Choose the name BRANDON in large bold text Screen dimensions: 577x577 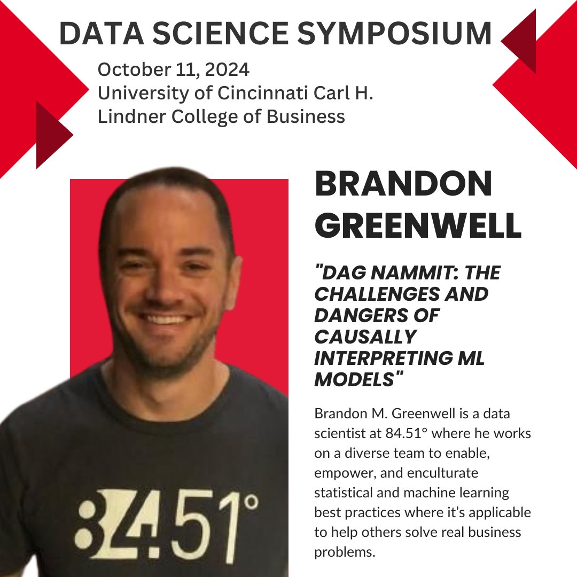[403, 184]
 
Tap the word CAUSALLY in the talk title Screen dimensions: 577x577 [365, 337]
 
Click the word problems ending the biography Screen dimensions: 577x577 [345, 552]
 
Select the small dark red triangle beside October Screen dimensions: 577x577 [53, 135]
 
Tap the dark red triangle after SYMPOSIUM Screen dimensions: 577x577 [520, 40]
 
